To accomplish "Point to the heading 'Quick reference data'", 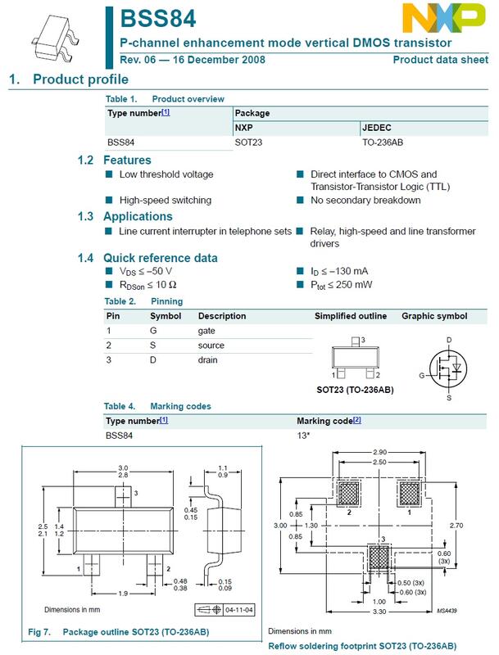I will click(160, 258).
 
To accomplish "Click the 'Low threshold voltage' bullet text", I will click(166, 174).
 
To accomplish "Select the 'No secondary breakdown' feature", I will click(365, 200).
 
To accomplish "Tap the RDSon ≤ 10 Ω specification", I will click(148, 284).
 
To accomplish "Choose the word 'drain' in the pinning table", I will click(209, 359).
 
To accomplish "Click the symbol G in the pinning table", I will click(153, 330).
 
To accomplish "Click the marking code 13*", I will click(303, 436).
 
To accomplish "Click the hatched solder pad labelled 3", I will click(379, 558).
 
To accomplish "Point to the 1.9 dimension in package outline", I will click(120, 594).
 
